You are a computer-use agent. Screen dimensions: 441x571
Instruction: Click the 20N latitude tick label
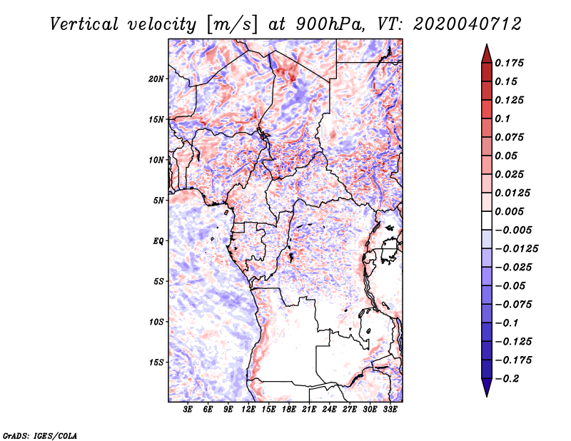(156, 78)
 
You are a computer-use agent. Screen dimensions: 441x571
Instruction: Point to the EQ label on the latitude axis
(158, 240)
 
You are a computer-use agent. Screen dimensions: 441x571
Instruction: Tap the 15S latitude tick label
(156, 362)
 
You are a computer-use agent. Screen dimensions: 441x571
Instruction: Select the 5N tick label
(158, 200)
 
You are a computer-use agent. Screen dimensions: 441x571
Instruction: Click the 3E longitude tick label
(188, 410)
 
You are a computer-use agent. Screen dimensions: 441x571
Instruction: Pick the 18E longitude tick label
(290, 410)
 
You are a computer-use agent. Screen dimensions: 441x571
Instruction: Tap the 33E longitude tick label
(390, 410)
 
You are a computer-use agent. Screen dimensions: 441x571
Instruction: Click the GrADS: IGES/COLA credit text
(39, 435)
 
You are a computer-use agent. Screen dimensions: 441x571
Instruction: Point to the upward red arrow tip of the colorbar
(486, 49)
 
